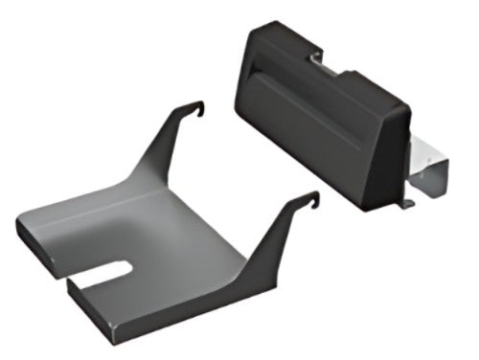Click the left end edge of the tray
tap(21, 235)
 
